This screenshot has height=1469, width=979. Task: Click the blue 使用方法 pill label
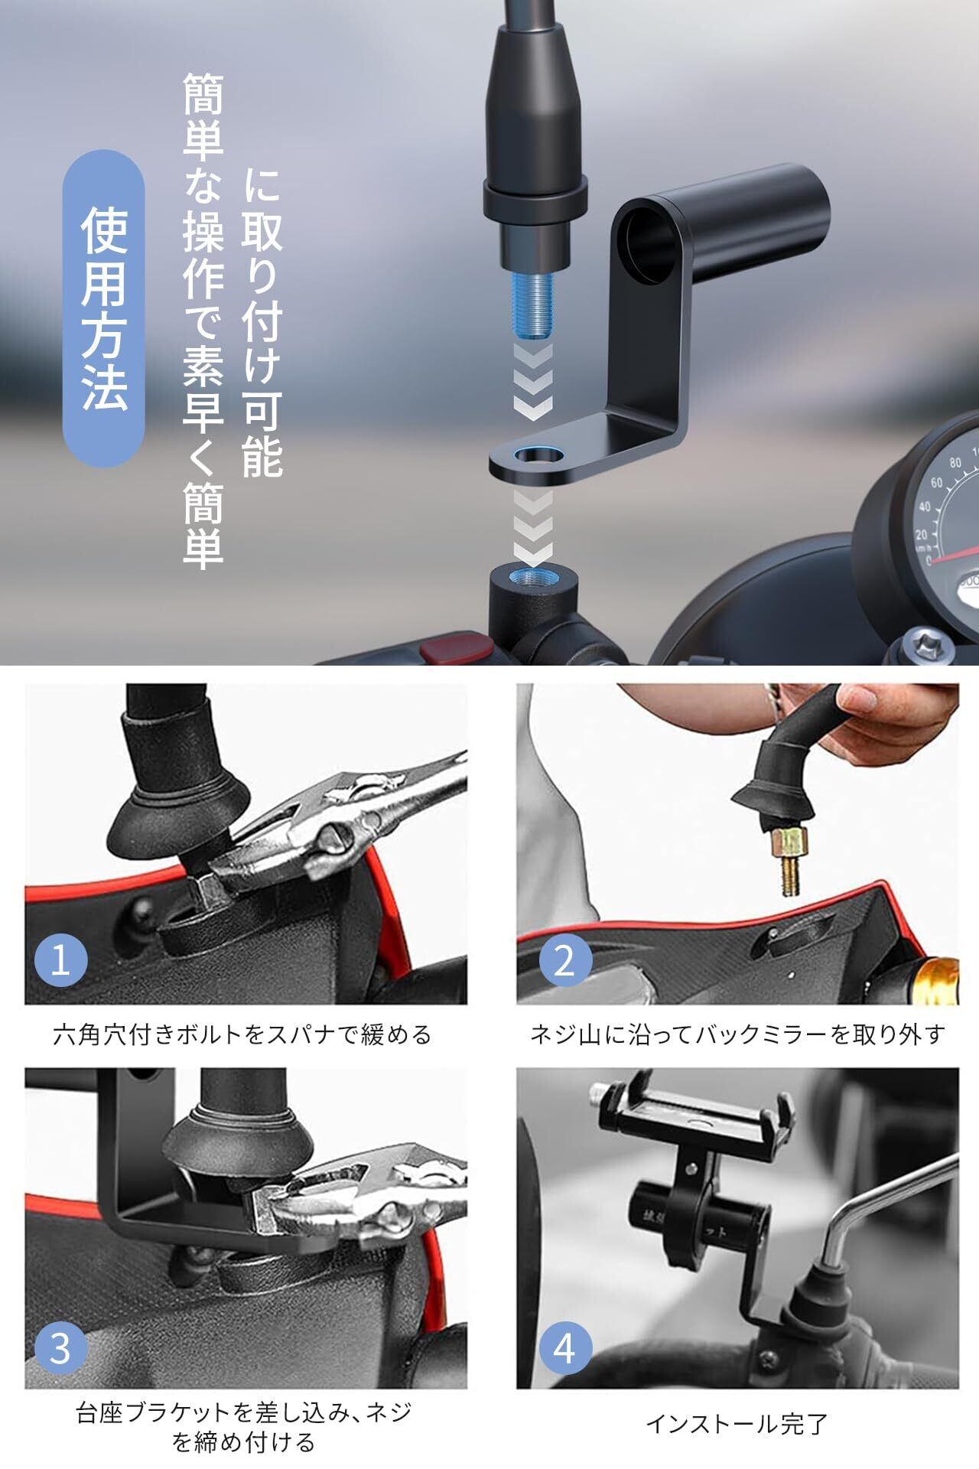(x=103, y=308)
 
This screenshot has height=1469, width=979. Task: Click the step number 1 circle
(x=60, y=959)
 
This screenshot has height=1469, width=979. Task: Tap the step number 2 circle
(x=564, y=959)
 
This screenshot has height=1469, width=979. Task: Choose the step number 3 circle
(x=60, y=1347)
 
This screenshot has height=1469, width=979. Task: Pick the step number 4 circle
(x=564, y=1347)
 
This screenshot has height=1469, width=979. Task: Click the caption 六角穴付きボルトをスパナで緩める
(x=242, y=1034)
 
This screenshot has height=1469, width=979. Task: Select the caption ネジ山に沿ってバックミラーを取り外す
(x=738, y=1034)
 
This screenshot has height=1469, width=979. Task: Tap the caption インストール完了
(x=737, y=1424)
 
